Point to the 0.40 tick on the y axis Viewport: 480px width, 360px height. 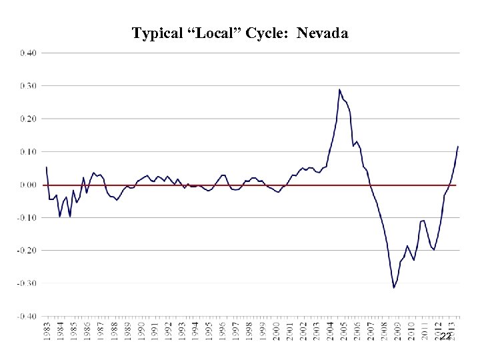coord(28,52)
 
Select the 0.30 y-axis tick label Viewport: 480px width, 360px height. coord(28,85)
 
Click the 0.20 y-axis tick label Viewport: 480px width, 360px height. coord(28,118)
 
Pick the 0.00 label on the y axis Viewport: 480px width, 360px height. coord(28,185)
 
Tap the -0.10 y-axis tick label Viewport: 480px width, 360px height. coord(27,217)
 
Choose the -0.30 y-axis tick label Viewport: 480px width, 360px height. coord(27,283)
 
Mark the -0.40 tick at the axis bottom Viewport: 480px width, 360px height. coord(27,316)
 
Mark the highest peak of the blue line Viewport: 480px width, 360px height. coord(339,89)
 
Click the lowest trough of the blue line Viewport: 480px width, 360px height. coord(394,287)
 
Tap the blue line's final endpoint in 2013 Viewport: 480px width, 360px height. coord(458,146)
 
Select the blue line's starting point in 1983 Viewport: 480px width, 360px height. coord(46,167)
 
